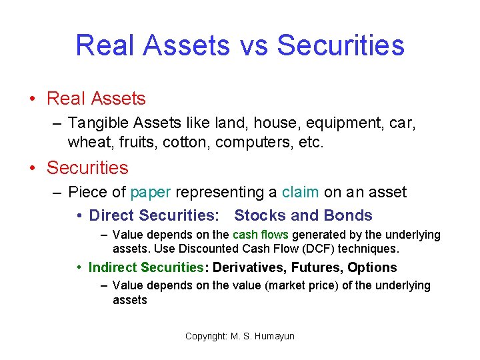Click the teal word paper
pyautogui.click(x=151, y=193)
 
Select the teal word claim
pyautogui.click(x=301, y=193)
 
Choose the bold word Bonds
pyautogui.click(x=348, y=215)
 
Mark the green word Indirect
pyautogui.click(x=114, y=267)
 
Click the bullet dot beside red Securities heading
pyautogui.click(x=32, y=168)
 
